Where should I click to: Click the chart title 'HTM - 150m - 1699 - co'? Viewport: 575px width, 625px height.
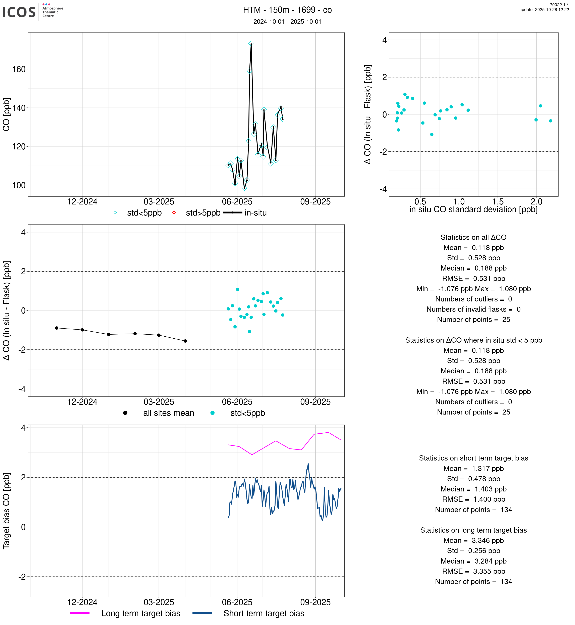pos(287,10)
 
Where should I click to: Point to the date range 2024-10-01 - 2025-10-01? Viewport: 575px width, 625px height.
pos(287,21)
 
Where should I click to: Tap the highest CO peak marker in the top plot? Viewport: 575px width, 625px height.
pos(251,44)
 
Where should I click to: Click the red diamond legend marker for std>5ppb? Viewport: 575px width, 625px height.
pos(174,213)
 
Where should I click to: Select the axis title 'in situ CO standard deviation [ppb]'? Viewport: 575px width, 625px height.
pos(473,210)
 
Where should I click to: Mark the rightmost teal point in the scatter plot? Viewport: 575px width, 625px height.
pos(551,121)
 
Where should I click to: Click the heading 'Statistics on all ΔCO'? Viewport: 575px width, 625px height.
pos(473,237)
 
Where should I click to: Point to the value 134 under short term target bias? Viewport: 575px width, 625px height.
pos(506,510)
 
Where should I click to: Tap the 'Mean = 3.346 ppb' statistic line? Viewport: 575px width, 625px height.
pos(473,541)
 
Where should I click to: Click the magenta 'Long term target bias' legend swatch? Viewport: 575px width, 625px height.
pos(80,613)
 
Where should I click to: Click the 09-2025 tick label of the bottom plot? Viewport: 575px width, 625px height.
pos(315,602)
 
